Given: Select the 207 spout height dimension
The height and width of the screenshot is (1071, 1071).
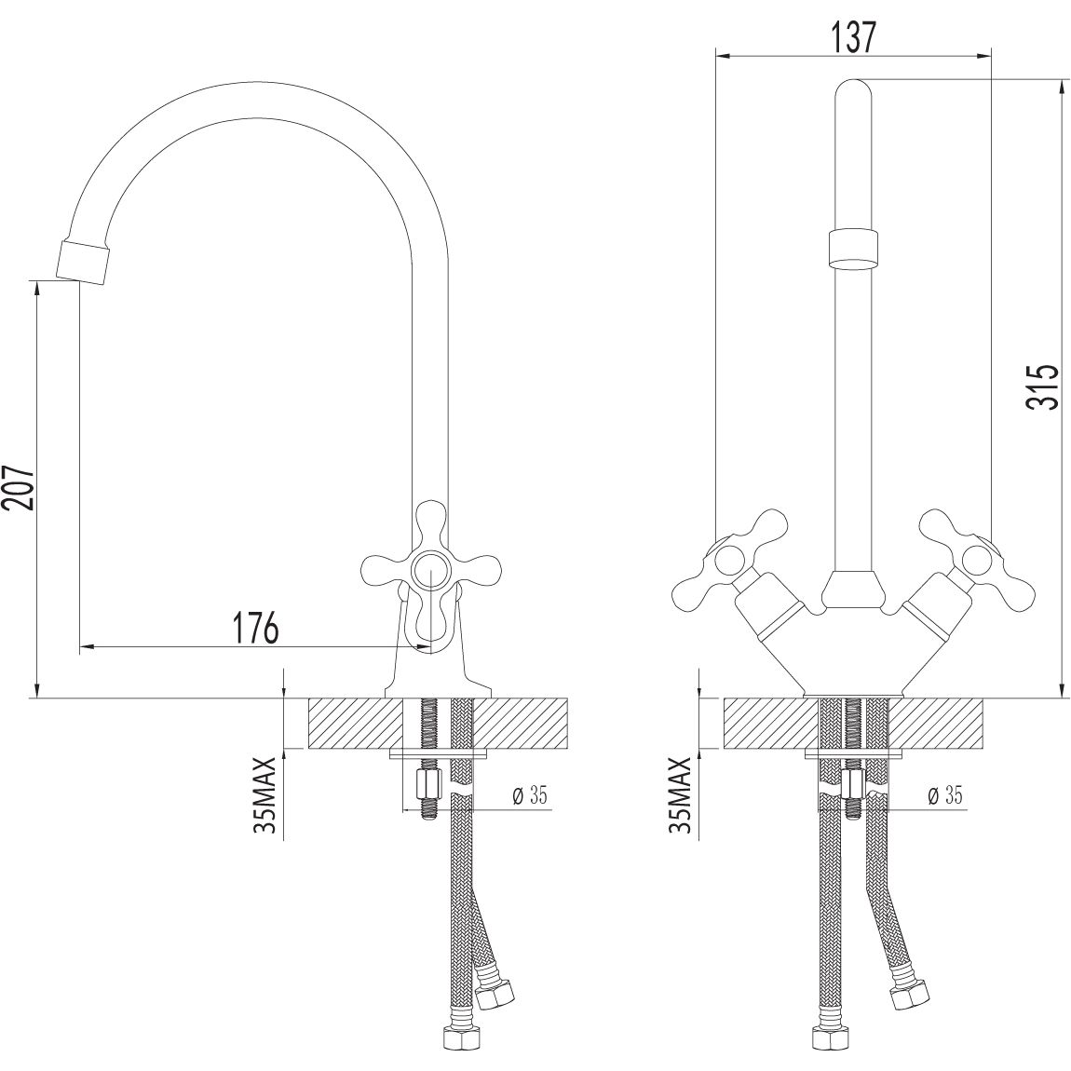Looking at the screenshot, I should [20, 486].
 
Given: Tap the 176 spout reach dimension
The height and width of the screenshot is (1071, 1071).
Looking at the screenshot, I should [255, 628].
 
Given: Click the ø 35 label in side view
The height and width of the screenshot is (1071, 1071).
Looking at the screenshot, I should [529, 795].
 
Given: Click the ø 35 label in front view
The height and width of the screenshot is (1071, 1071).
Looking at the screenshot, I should [944, 795].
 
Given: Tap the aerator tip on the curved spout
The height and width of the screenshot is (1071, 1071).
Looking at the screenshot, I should [84, 259].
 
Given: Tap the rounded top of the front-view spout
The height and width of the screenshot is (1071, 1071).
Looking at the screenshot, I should [852, 93].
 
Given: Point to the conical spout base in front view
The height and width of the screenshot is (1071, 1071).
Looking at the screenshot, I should [852, 590].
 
